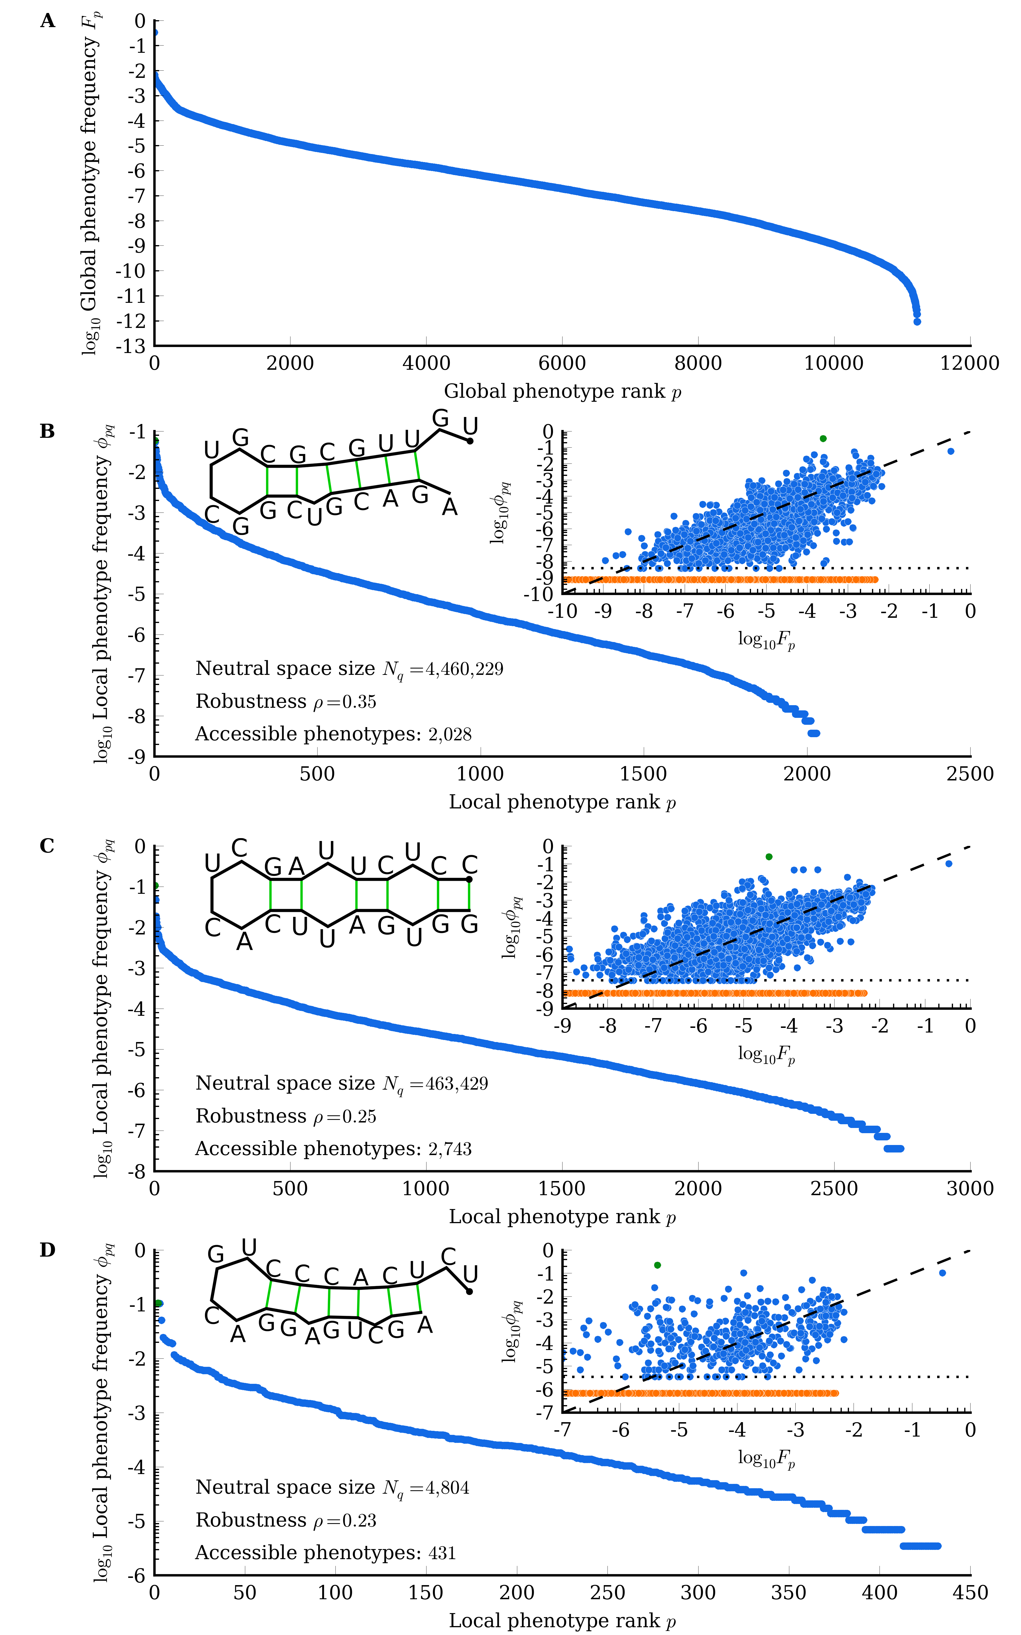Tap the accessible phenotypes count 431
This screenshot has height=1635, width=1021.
click(442, 1553)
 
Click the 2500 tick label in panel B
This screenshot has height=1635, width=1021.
click(970, 774)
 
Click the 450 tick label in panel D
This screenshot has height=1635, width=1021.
click(970, 1593)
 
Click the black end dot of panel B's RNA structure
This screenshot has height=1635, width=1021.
click(470, 441)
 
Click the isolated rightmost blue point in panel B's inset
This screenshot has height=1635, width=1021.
click(951, 451)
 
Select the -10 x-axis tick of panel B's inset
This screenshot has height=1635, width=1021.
click(562, 611)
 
